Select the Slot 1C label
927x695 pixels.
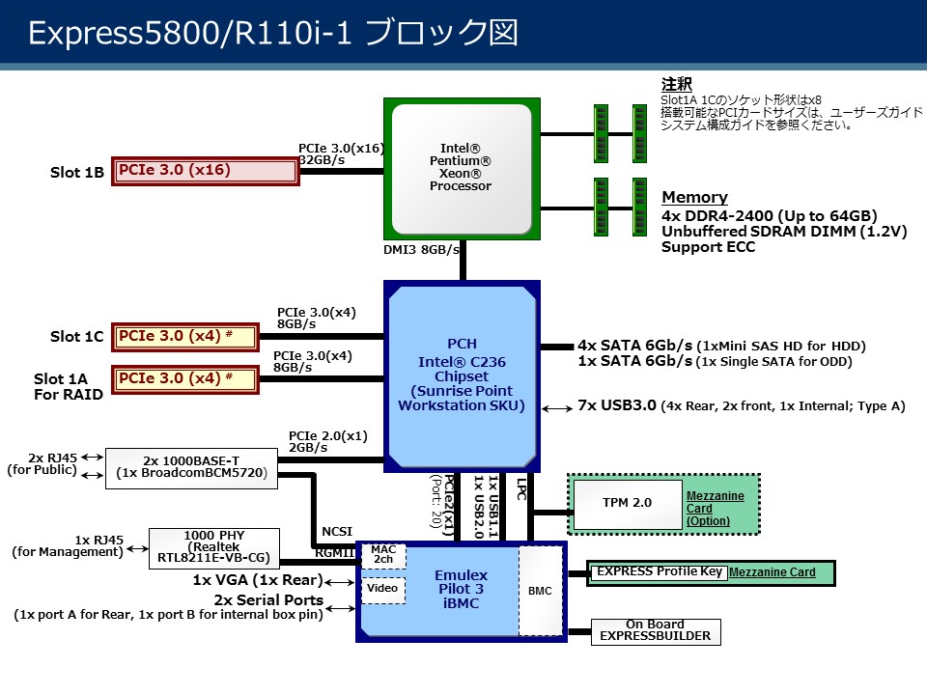click(76, 337)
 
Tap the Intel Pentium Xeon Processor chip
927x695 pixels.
click(461, 166)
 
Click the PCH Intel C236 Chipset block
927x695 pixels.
click(461, 375)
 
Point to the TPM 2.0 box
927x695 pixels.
click(628, 503)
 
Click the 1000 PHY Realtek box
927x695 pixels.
click(213, 547)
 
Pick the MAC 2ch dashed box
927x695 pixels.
click(383, 555)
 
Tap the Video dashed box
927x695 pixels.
click(382, 589)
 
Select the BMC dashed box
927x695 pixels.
click(540, 591)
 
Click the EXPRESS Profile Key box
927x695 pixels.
click(659, 571)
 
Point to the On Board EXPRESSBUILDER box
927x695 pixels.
click(655, 630)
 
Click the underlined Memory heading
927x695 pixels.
click(694, 198)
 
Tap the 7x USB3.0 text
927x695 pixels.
click(619, 405)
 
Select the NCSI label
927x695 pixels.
click(337, 531)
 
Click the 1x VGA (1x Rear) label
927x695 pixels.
click(257, 581)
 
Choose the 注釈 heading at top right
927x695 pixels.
click(676, 85)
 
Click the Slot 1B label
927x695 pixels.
click(76, 173)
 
